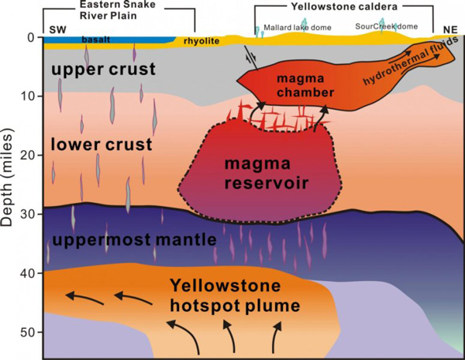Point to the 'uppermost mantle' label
(x=131, y=238)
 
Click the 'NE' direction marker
(x=447, y=29)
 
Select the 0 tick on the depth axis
(x=32, y=37)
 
